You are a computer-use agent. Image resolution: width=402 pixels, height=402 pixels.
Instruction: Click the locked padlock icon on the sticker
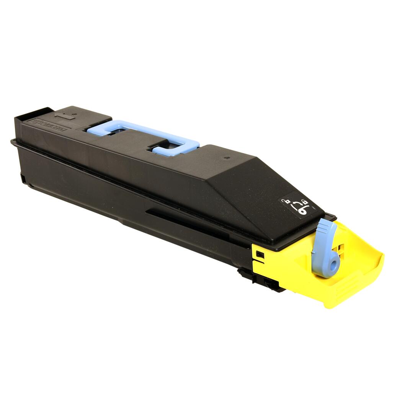coord(304,202)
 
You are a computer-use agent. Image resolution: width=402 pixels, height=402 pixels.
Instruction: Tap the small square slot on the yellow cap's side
coord(260,254)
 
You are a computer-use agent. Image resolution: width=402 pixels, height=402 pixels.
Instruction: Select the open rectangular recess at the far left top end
coord(34,113)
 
